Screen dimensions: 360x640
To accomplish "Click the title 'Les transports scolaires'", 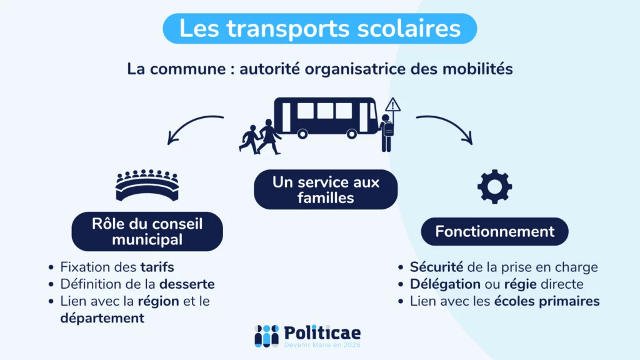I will coord(319,29).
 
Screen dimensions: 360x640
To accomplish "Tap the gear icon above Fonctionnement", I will coord(494,186).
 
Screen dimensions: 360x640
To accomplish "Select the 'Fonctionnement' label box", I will coord(494,232).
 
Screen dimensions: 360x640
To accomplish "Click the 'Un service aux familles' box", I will coord(326,190).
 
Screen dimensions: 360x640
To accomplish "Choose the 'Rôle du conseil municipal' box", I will coord(147,231).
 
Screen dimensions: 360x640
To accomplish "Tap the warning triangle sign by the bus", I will coord(392,104).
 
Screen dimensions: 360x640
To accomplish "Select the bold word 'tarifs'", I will coord(157,267).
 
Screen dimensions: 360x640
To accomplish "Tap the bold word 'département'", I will coord(102,318).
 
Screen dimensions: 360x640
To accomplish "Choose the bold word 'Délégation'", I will coord(446,284).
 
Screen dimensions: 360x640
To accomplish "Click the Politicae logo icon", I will coord(266,336).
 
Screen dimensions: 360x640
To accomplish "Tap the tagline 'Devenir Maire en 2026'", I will coord(322,345).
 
